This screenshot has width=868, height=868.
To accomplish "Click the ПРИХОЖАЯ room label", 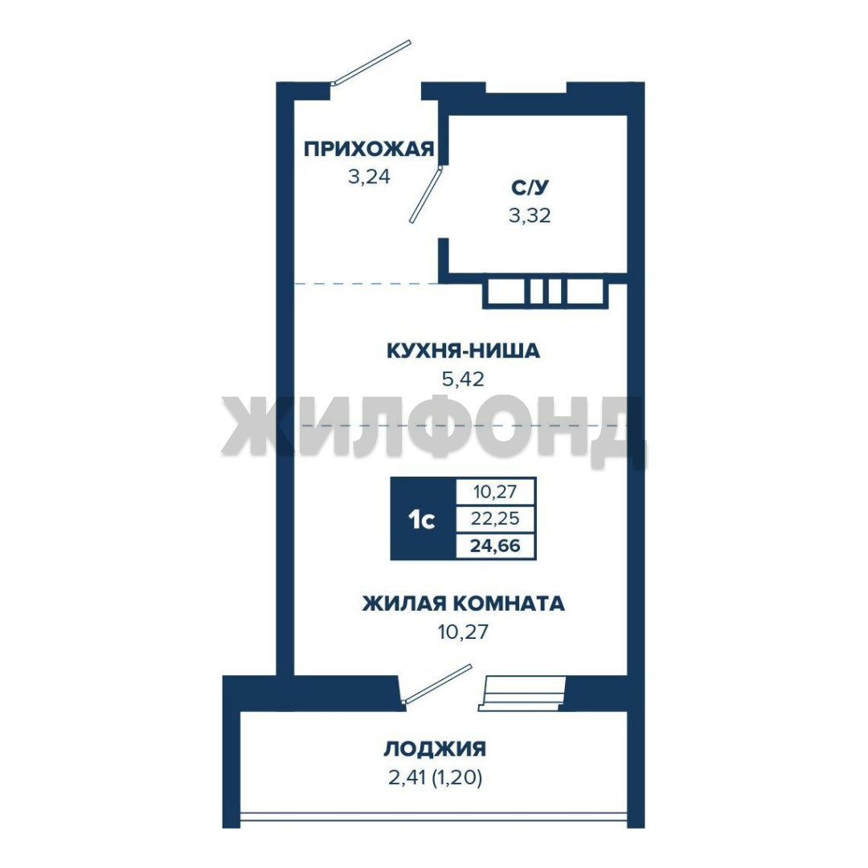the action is pos(369,149).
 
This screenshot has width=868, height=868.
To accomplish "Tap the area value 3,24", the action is pos(369,177).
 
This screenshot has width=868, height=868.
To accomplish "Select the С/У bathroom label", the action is pos(530,187).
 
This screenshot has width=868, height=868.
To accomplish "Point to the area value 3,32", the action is pos(530,215).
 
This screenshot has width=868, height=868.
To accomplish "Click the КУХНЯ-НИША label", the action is pos(463,351).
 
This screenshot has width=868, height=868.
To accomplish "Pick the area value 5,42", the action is pos(463,379).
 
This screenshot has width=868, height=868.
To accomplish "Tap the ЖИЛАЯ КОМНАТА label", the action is pos(464,604).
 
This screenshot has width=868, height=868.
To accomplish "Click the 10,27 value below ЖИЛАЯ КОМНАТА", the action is pos(463,632).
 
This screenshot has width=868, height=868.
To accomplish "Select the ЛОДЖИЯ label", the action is pos(435,749).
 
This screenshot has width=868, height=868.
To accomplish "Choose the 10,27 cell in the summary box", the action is pos(495,491).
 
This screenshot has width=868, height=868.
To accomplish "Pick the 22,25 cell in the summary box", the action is pos(495,518).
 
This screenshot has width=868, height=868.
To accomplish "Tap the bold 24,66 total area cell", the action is pos(495,546).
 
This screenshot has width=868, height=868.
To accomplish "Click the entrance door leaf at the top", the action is pos(371,62).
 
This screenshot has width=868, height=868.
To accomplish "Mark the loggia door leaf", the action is pos(436,684).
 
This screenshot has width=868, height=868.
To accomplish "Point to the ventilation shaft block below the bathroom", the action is pos(545,292).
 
